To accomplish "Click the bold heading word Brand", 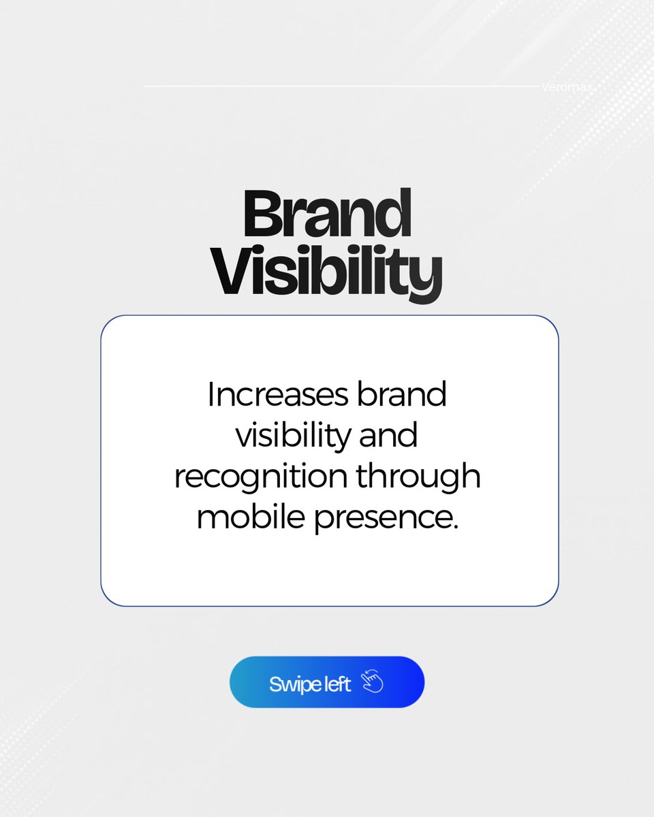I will point(327,214).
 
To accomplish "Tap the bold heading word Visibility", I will point(327,273).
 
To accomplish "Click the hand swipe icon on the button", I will point(372,682).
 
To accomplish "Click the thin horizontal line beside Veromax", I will point(341,86).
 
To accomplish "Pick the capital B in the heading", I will point(262,214).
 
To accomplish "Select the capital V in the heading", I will point(232,273).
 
